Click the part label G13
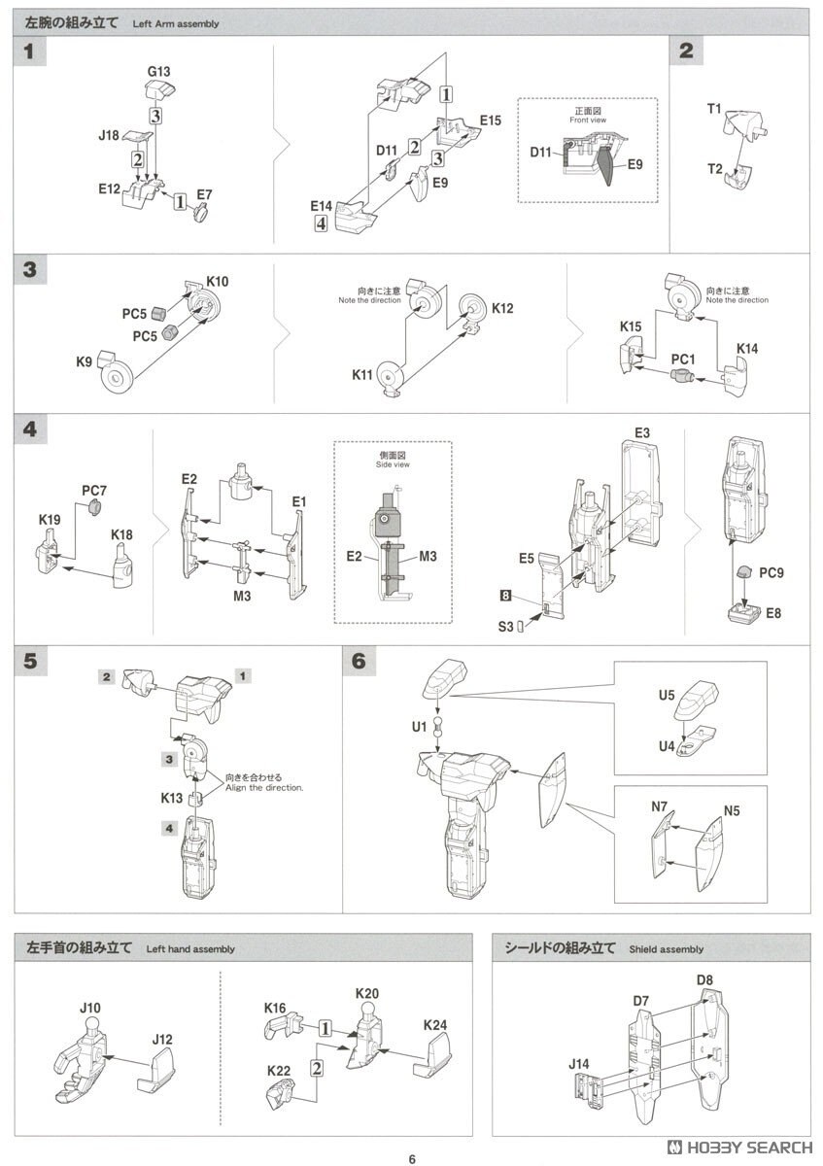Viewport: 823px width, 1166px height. click(158, 71)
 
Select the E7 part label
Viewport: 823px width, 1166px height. click(205, 194)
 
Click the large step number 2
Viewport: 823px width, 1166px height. click(686, 51)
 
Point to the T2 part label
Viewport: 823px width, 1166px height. click(715, 169)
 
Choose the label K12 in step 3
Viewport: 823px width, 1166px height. click(502, 309)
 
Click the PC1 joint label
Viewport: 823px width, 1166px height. click(684, 359)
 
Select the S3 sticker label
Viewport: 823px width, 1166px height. click(505, 627)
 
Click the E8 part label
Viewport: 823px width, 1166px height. click(772, 612)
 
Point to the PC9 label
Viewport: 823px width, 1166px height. click(772, 572)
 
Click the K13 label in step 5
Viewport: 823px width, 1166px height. click(173, 798)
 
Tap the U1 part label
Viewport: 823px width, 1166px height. click(418, 726)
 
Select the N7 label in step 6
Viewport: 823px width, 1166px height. click(660, 807)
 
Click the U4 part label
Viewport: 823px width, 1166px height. click(667, 745)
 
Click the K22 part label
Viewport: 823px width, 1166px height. click(280, 1071)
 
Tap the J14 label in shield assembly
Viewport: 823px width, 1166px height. click(579, 1065)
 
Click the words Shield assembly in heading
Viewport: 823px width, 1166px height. click(666, 949)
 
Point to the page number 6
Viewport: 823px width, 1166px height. click(412, 1158)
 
